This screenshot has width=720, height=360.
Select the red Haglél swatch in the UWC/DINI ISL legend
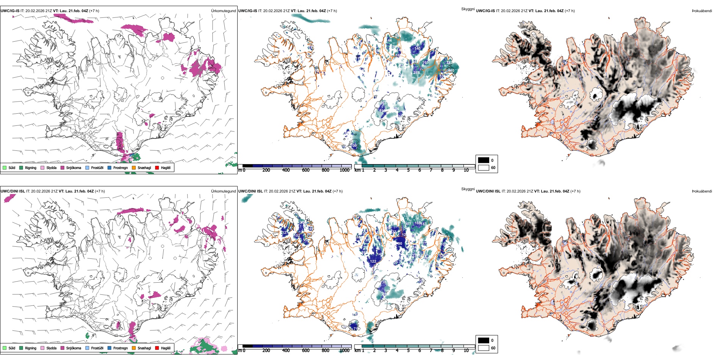pyautogui.click(x=157, y=348)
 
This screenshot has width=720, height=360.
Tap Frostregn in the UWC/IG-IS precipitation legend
pyautogui.click(x=120, y=168)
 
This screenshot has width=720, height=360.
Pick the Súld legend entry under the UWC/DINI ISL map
pyautogui.click(x=12, y=348)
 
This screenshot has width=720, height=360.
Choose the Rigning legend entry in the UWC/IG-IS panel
pyautogui.click(x=30, y=168)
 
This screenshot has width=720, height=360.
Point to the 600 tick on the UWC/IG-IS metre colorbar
pyautogui.click(x=306, y=170)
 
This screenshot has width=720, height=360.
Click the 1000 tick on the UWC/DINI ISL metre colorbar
pyautogui.click(x=344, y=351)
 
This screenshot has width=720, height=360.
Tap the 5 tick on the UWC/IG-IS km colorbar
pyautogui.click(x=408, y=170)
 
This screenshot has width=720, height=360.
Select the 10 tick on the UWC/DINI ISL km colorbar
pyautogui.click(x=466, y=351)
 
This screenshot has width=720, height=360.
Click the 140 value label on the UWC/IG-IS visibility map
pyautogui.click(x=417, y=49)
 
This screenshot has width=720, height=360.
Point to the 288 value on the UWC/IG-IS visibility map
pyautogui.click(x=416, y=72)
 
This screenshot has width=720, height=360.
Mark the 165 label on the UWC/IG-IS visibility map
pyautogui.click(x=426, y=63)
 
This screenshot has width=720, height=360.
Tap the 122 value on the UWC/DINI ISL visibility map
pyautogui.click(x=373, y=261)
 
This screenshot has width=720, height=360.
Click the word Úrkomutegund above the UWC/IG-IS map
pyautogui.click(x=223, y=11)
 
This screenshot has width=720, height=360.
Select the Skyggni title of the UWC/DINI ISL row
pyautogui.click(x=468, y=189)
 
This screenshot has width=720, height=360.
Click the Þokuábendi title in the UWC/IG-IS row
pyautogui.click(x=702, y=11)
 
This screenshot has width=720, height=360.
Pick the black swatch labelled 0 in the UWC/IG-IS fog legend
pyautogui.click(x=484, y=160)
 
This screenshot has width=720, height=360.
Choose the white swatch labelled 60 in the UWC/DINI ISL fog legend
pyautogui.click(x=484, y=348)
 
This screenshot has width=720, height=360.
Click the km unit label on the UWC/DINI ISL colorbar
pyautogui.click(x=357, y=351)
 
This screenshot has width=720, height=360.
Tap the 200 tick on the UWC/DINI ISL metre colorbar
pyautogui.click(x=266, y=351)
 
